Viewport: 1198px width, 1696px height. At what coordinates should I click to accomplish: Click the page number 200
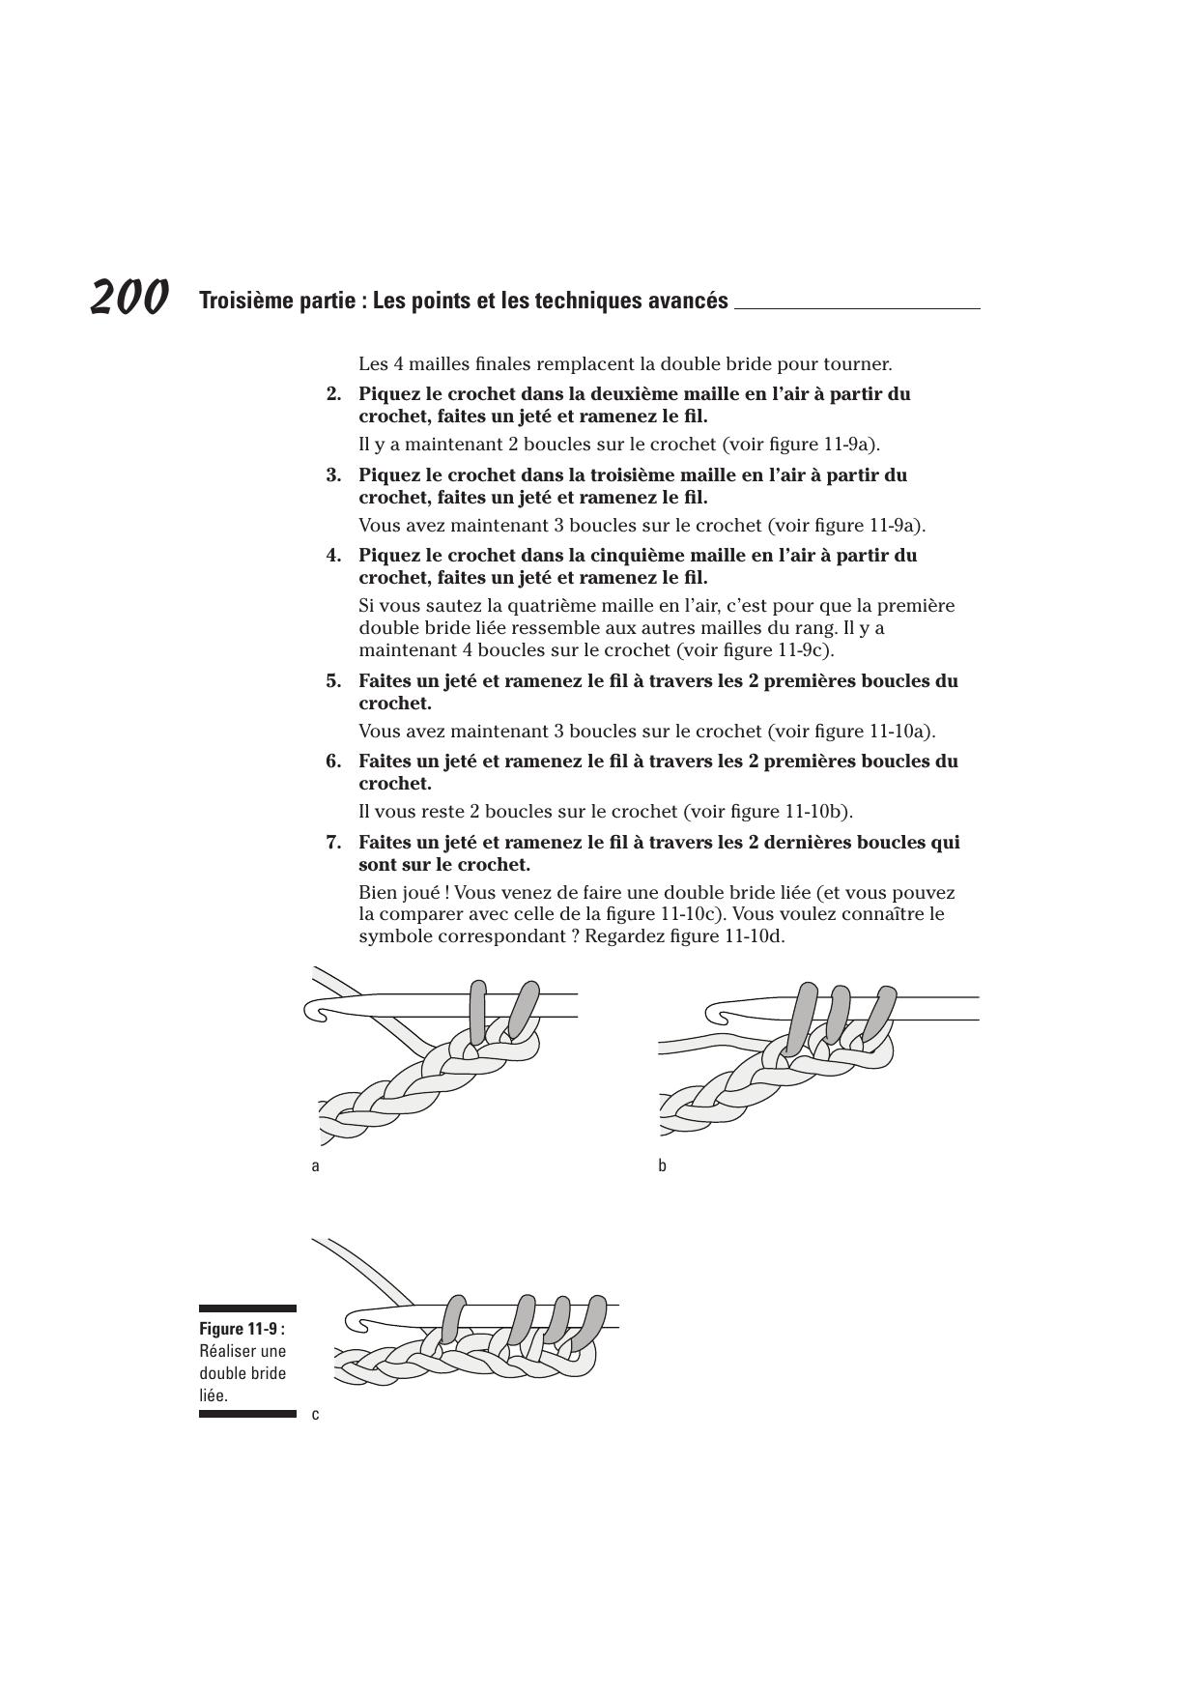(130, 297)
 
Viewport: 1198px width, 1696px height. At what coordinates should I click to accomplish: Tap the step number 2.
(333, 394)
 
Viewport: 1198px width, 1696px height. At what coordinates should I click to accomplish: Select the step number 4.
(333, 556)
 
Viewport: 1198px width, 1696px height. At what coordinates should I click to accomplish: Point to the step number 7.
(333, 843)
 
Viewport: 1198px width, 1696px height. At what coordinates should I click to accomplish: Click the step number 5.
(333, 681)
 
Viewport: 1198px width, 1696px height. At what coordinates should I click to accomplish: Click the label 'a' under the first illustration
(315, 1165)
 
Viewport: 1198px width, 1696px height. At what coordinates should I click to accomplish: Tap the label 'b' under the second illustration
(663, 1165)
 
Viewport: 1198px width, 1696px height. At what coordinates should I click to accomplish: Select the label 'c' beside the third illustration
(315, 1415)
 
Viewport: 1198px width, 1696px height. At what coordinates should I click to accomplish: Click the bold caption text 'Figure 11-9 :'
(242, 1329)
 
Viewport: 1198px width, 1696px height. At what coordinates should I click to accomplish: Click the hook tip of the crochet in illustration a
(314, 1011)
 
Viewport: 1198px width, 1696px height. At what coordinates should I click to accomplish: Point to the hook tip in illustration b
(716, 1014)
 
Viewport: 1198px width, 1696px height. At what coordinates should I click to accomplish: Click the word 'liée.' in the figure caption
(214, 1395)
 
